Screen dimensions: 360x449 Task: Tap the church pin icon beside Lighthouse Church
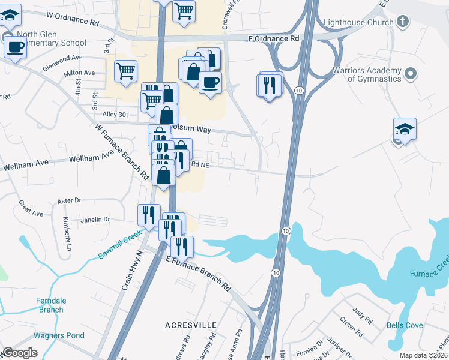click(x=402, y=22)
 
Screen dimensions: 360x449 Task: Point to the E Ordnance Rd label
click(x=273, y=38)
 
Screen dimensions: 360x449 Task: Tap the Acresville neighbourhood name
click(x=191, y=325)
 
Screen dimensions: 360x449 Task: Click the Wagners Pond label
click(x=59, y=335)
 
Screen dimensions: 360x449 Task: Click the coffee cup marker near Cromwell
click(x=210, y=82)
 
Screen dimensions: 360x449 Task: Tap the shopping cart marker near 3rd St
click(x=126, y=71)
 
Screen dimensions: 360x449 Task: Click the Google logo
click(x=20, y=353)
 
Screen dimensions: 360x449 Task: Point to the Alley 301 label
click(x=116, y=114)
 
